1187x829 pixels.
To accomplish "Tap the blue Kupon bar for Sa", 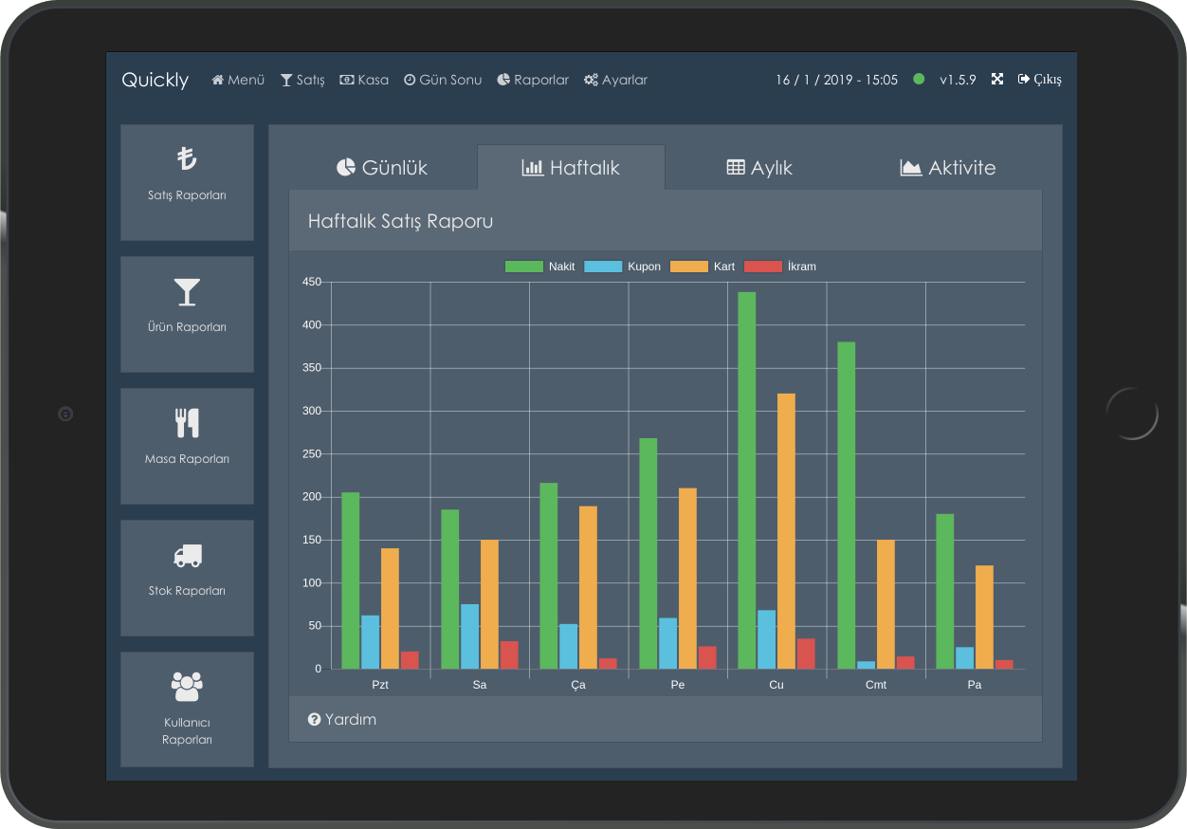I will [469, 636].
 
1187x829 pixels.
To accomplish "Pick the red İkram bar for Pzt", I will [410, 660].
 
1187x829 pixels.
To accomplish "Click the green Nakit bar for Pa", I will [944, 591].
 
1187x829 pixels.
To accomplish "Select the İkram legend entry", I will [780, 267].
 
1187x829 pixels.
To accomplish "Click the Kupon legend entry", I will [623, 267].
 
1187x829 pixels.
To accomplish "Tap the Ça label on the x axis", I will [578, 685].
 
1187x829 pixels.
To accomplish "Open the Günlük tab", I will [382, 168].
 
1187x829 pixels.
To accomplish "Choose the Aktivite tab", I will [947, 168].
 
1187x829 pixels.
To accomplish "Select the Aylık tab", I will [758, 168].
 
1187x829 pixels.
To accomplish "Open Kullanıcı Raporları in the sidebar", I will [187, 709].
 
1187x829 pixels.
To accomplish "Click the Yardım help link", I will [342, 720].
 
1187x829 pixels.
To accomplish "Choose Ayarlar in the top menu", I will [615, 80].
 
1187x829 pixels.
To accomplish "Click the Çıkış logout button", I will [1039, 80].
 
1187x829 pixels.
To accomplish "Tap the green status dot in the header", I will [919, 79].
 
